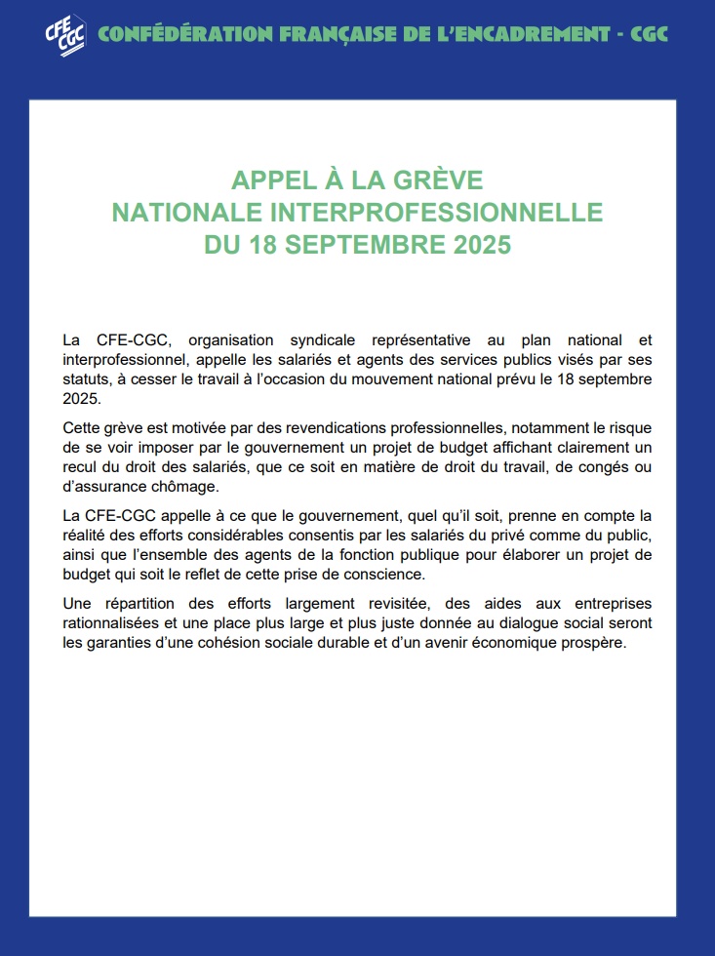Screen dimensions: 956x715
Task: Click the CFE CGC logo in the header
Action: tap(64, 34)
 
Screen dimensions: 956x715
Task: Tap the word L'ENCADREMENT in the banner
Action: tap(498, 35)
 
